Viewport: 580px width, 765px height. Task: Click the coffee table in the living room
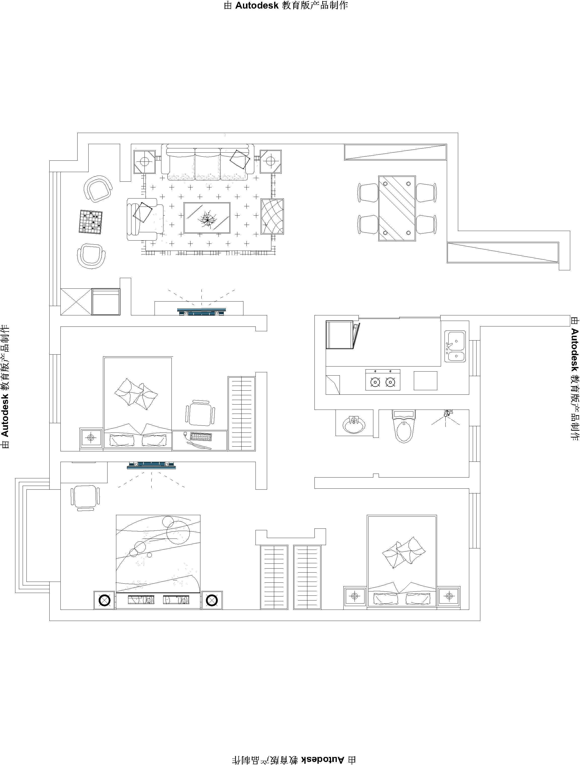click(x=207, y=218)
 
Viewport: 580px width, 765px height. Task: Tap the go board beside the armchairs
click(x=91, y=222)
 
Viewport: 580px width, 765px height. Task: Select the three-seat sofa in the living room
click(x=207, y=162)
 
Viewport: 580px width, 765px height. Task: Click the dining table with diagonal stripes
click(x=397, y=208)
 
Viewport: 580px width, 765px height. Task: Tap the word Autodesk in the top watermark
click(x=257, y=6)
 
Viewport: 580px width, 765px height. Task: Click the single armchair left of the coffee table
click(x=145, y=219)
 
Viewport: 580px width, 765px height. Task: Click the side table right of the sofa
click(x=271, y=161)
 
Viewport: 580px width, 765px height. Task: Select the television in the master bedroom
click(x=151, y=465)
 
